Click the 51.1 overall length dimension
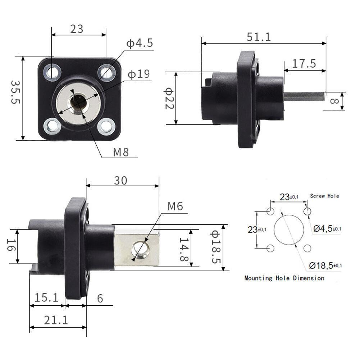(x=259, y=37)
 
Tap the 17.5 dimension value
(x=304, y=64)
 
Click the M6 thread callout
(x=175, y=206)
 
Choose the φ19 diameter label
(x=138, y=74)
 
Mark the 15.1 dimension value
(x=46, y=297)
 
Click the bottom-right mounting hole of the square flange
(x=106, y=126)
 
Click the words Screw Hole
(x=324, y=196)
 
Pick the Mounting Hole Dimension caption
(x=284, y=278)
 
